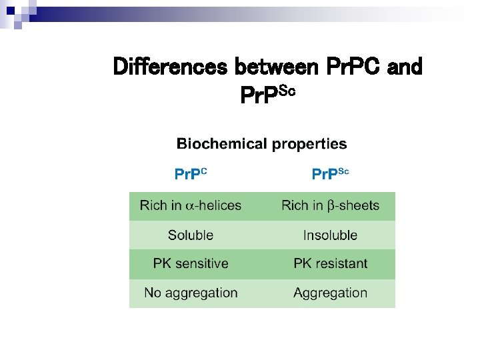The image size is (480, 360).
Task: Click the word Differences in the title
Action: click(171, 67)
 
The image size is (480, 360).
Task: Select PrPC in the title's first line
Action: click(354, 67)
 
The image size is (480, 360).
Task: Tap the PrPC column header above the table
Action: click(191, 174)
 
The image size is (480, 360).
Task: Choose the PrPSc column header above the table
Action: click(330, 174)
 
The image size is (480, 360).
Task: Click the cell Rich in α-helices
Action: click(191, 206)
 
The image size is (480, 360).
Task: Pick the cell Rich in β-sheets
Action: click(330, 206)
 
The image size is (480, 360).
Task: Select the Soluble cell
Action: click(191, 235)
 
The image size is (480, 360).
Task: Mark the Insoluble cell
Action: click(330, 235)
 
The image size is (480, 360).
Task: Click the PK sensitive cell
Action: click(191, 264)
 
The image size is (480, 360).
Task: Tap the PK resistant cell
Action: click(330, 264)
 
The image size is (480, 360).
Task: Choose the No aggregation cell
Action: click(191, 293)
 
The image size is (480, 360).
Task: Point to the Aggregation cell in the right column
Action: click(330, 293)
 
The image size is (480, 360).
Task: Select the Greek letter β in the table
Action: click(331, 206)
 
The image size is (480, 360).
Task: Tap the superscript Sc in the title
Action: click(285, 91)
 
